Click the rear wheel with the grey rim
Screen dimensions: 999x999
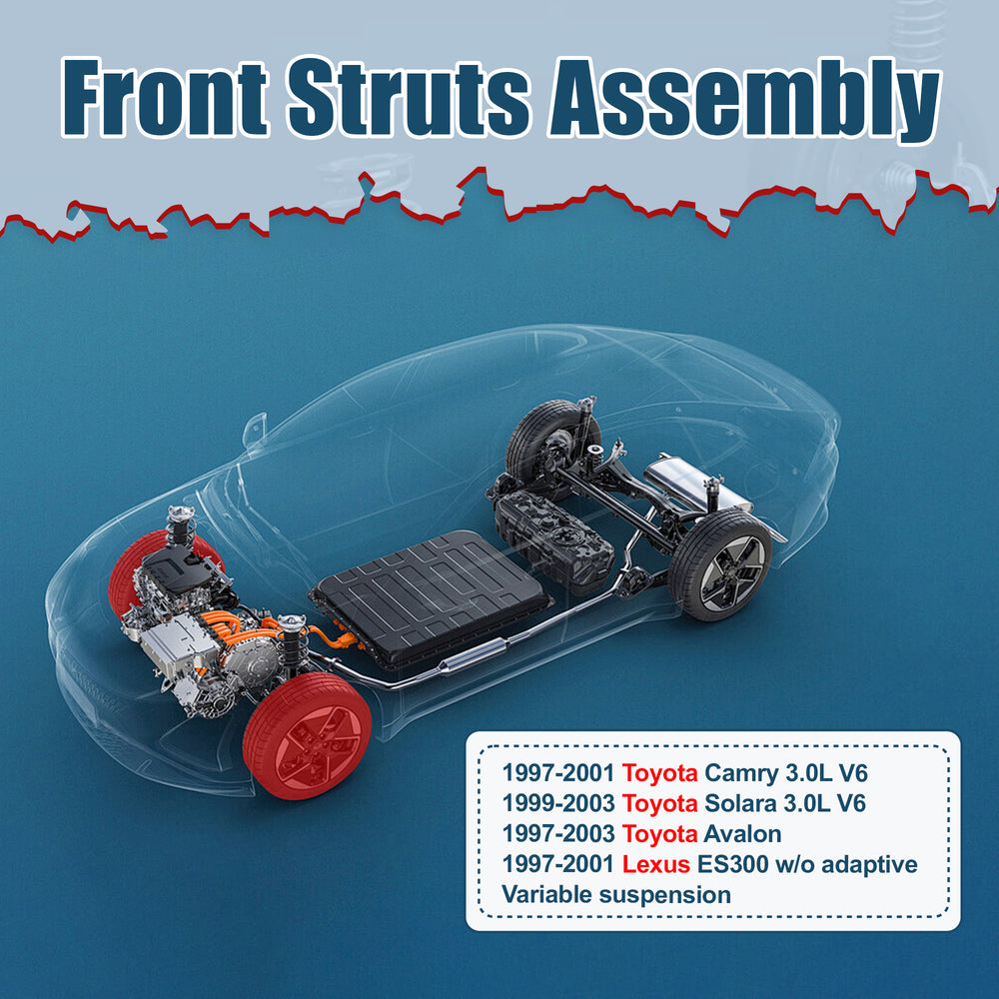point(720,564)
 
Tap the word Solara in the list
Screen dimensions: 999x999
point(741,803)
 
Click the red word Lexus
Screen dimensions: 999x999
point(656,864)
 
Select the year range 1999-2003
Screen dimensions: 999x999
point(556,803)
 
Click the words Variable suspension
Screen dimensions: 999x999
point(615,894)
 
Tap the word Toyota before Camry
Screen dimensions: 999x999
point(659,772)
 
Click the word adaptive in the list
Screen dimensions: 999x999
point(872,864)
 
